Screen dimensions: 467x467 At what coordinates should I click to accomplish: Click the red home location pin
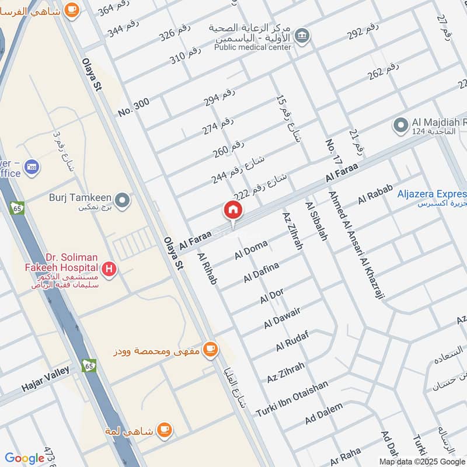(x=232, y=210)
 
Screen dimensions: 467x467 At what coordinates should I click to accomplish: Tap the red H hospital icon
(x=108, y=270)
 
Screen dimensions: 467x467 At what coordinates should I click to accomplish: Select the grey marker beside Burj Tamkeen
(x=122, y=201)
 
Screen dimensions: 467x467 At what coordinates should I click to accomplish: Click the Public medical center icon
(x=302, y=36)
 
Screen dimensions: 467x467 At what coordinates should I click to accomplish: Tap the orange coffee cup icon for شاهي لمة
(x=165, y=430)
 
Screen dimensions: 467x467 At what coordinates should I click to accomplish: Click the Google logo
(x=25, y=458)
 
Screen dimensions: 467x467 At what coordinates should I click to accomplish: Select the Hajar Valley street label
(x=46, y=378)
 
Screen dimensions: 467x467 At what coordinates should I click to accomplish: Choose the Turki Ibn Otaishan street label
(x=292, y=399)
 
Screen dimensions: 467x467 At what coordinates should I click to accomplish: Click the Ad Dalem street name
(x=324, y=413)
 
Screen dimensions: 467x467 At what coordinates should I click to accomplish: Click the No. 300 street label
(x=134, y=107)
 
